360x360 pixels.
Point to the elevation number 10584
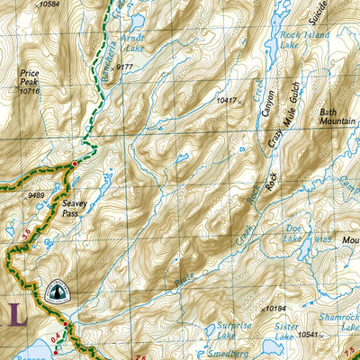pyautogui.click(x=56, y=4)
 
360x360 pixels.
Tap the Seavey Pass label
pyautogui.click(x=76, y=210)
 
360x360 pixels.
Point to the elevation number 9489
pyautogui.click(x=36, y=195)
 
